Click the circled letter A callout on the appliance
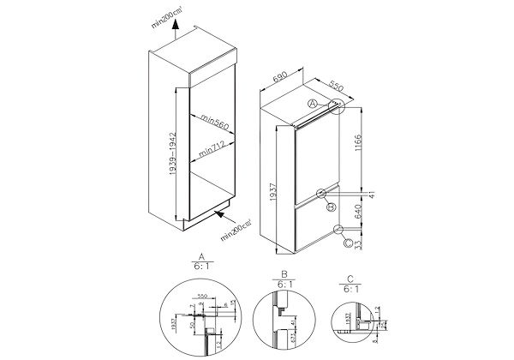tap(313, 104)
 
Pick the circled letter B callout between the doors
tap(330, 206)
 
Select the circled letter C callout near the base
tap(348, 243)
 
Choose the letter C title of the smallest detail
tap(349, 280)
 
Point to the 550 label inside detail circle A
tap(203, 296)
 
